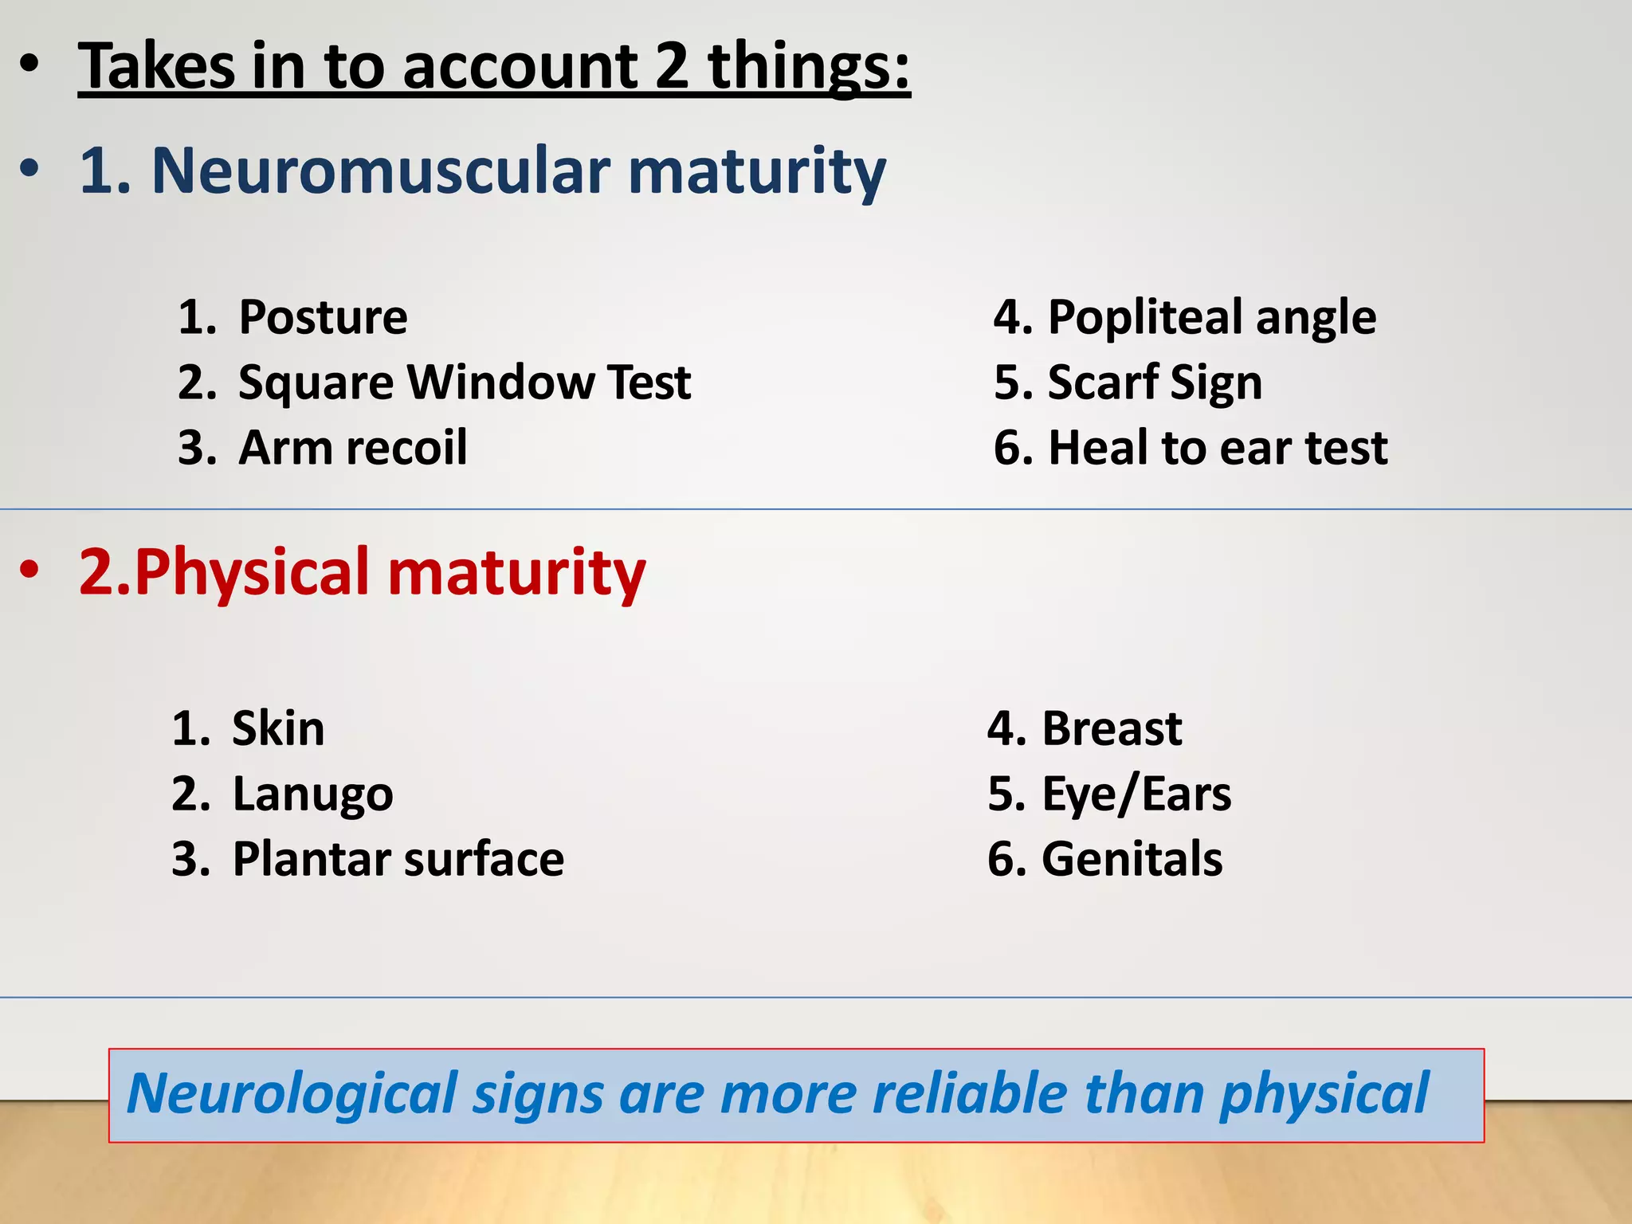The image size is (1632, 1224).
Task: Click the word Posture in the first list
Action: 323,317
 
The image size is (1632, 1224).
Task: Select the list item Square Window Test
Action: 464,382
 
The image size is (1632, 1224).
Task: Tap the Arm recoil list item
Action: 352,448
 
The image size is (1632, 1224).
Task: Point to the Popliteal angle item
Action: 1211,317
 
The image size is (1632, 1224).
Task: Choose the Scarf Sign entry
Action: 1155,382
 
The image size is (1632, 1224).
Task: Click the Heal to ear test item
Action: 1218,448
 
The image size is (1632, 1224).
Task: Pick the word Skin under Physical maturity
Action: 278,728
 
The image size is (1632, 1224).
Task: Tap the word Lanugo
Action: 312,794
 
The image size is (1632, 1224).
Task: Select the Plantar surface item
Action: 398,859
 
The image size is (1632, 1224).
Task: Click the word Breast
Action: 1112,728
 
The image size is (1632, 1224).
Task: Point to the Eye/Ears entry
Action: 1136,794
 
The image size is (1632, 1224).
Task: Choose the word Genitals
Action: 1132,859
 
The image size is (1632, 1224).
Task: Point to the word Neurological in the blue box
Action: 292,1093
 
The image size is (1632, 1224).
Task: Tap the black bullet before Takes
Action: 29,65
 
